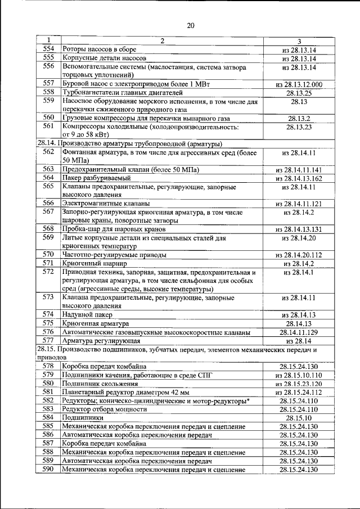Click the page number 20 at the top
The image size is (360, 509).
(x=190, y=25)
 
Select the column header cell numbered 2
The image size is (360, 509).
(x=162, y=40)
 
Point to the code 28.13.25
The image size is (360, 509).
(x=299, y=93)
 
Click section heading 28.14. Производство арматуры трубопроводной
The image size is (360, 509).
(x=129, y=143)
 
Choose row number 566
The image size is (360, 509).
(x=48, y=203)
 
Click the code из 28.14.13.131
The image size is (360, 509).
(x=299, y=229)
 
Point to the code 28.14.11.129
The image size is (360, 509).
(x=299, y=332)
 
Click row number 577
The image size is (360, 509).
(x=48, y=340)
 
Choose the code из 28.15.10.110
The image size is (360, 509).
(x=299, y=375)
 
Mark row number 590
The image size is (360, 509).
(x=48, y=469)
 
